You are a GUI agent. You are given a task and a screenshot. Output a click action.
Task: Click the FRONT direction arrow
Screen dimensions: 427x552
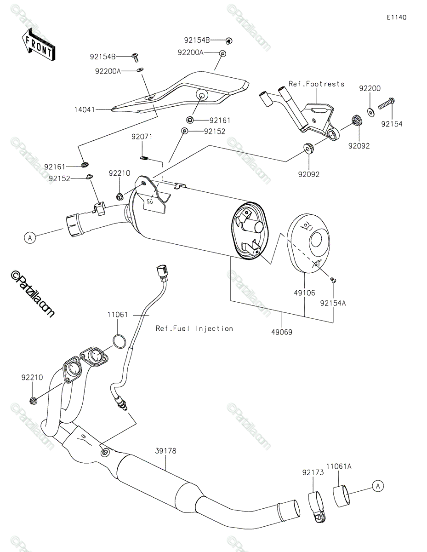click(x=38, y=45)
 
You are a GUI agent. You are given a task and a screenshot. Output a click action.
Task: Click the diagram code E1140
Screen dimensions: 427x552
click(x=397, y=17)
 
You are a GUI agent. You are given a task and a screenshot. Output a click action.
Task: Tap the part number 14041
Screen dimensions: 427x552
click(x=85, y=110)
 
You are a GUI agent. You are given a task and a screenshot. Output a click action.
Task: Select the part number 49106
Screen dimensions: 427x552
click(x=304, y=293)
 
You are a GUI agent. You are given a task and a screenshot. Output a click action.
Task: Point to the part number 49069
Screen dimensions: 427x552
click(x=282, y=332)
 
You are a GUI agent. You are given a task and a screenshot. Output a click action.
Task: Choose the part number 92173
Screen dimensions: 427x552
click(x=313, y=472)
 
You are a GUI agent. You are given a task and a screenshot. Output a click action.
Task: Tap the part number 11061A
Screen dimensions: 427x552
click(x=339, y=466)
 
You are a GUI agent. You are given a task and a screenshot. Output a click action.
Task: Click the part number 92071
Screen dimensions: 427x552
click(x=142, y=137)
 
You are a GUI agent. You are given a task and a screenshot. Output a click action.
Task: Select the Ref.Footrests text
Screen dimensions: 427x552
click(x=316, y=84)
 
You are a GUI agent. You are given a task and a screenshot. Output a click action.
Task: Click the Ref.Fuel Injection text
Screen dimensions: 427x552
click(x=194, y=328)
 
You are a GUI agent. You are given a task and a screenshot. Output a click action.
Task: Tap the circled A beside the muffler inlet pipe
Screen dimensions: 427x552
click(x=30, y=238)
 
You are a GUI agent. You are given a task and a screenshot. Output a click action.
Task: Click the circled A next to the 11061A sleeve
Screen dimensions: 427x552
click(x=378, y=486)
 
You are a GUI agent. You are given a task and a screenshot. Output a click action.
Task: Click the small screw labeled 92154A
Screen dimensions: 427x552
click(x=333, y=280)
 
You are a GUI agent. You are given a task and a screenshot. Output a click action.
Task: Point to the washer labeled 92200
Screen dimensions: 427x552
click(x=370, y=112)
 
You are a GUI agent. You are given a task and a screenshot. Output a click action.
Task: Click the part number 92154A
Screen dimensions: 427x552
click(x=333, y=303)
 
